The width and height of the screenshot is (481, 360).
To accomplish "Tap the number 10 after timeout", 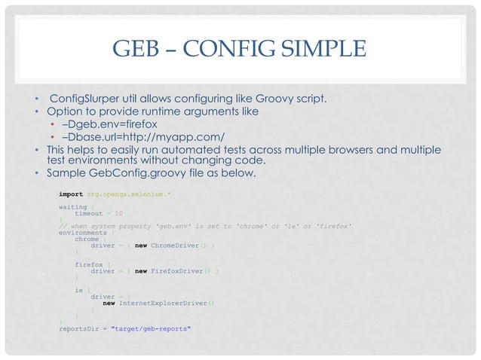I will [x=109, y=213].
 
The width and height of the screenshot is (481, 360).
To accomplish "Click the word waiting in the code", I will [x=72, y=206].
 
